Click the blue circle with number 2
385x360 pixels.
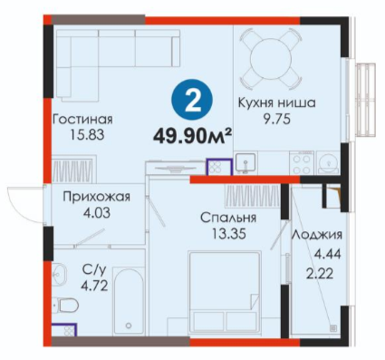point(192,100)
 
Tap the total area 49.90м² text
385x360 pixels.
point(192,137)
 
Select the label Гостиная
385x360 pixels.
point(82,119)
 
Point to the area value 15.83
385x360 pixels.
point(87,135)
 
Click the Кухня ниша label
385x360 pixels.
point(277,103)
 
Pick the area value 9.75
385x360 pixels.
point(277,119)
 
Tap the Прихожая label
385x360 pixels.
point(97,198)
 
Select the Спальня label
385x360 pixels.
point(228,218)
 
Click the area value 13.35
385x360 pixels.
point(228,234)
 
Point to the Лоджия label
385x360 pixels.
point(317,236)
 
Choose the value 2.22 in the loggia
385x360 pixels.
point(321,274)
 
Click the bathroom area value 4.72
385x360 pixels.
point(94,286)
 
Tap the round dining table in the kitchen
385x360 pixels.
point(271,58)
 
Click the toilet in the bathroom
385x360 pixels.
point(66,305)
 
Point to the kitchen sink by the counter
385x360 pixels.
point(245,162)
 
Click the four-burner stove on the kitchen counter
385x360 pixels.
point(302,163)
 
